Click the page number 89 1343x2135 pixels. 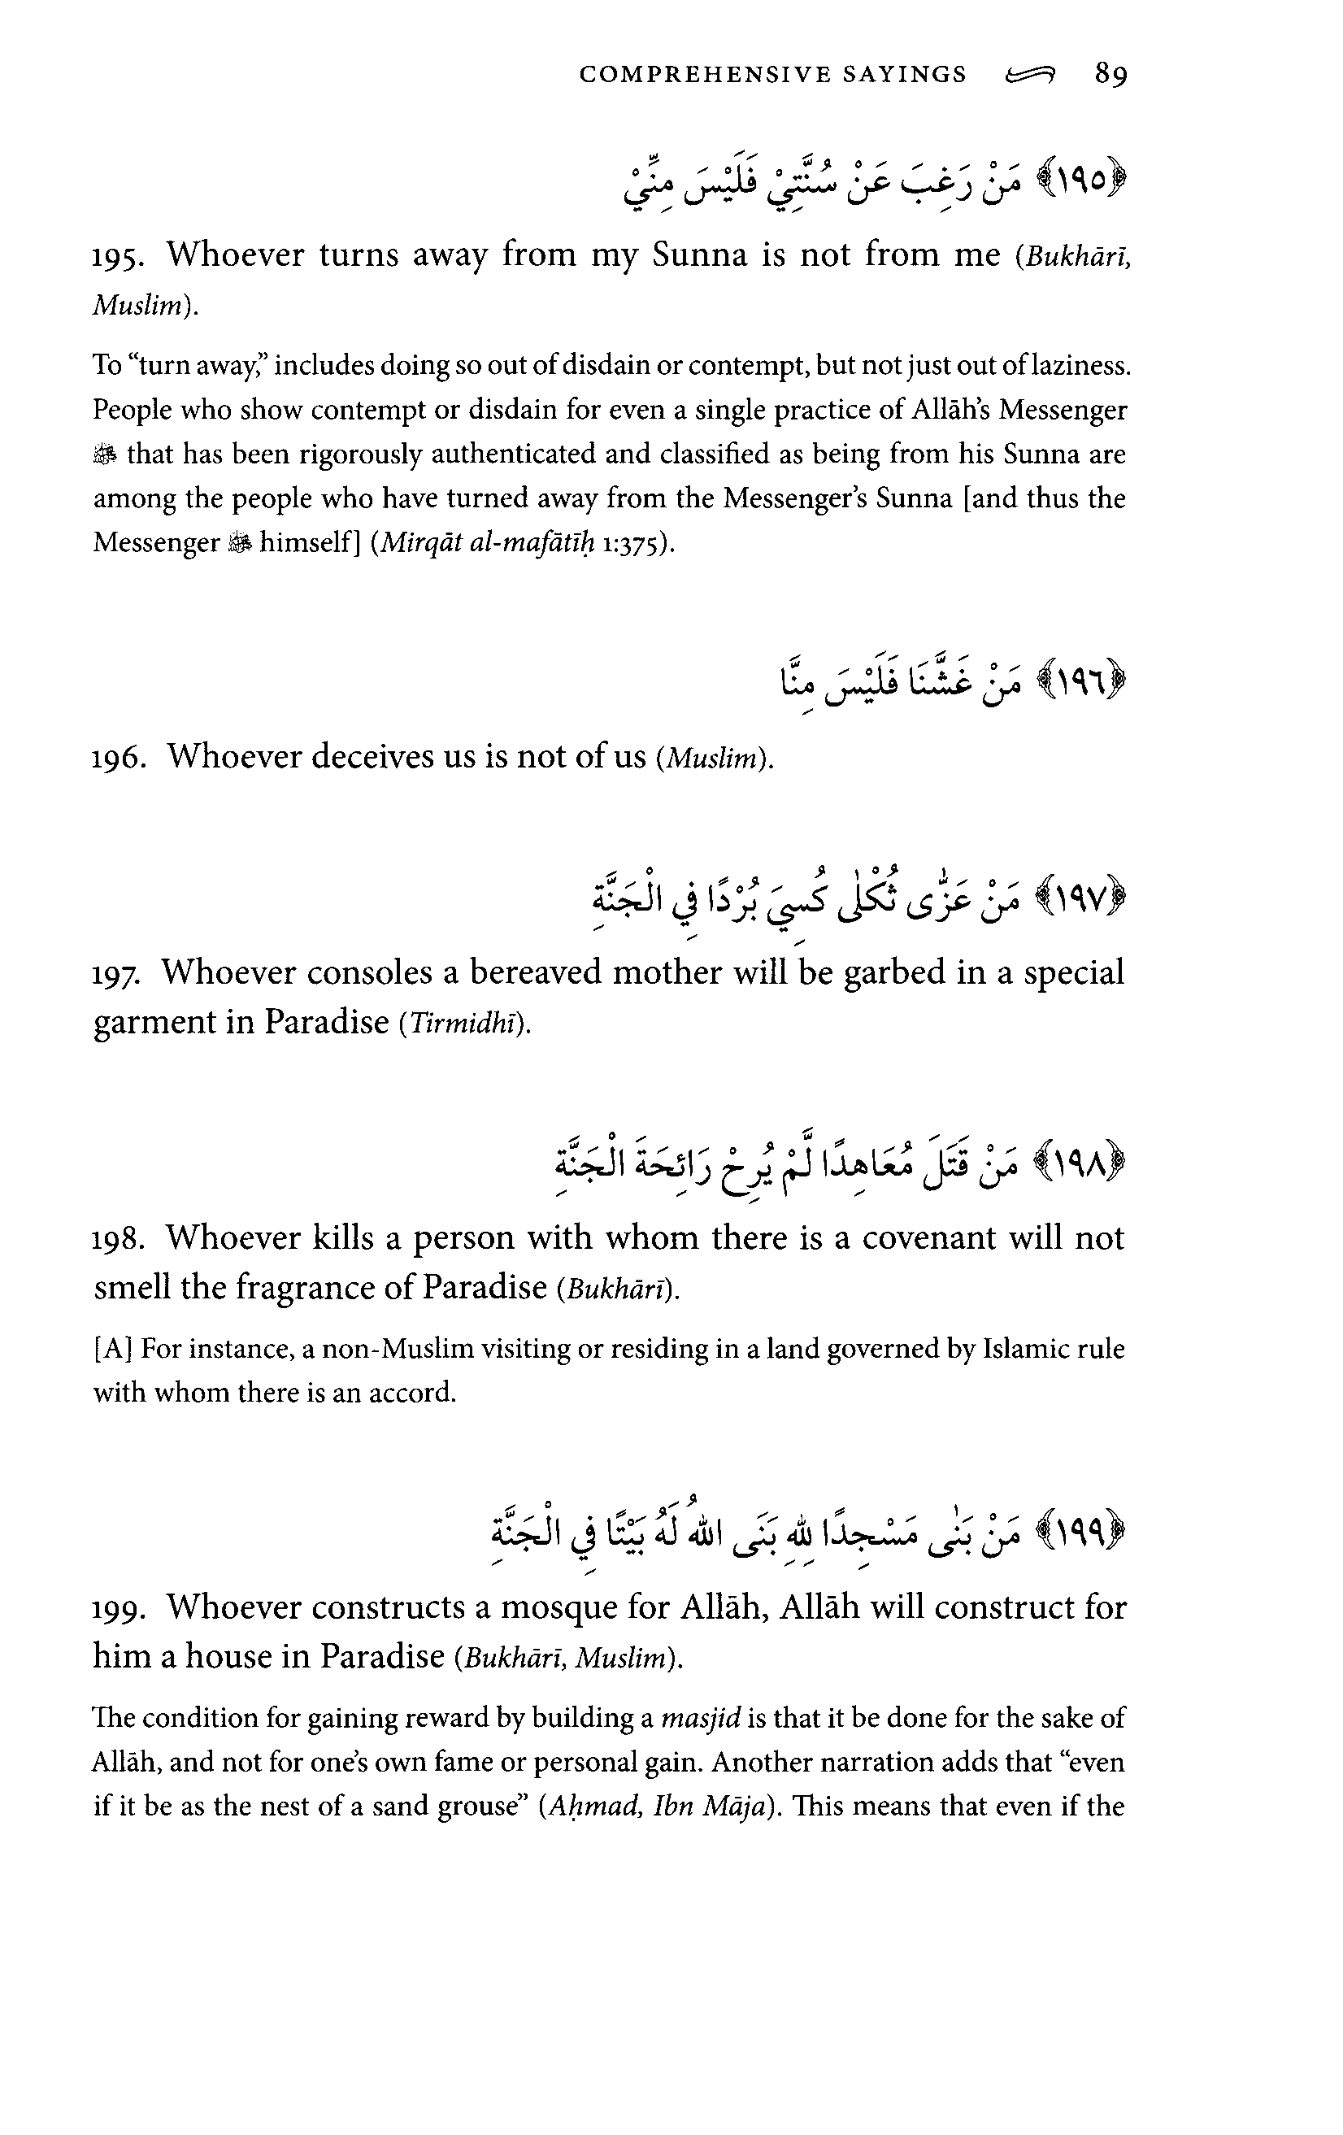coord(1110,75)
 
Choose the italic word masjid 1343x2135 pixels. coord(700,1718)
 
